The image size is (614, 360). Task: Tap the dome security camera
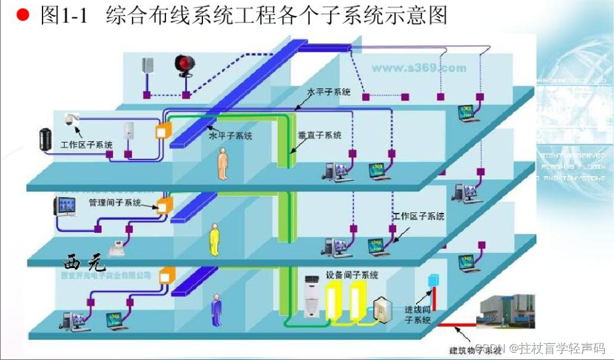72,119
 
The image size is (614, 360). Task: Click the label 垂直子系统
320,135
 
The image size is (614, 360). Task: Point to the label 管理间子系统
115,202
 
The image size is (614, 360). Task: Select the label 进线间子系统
418,314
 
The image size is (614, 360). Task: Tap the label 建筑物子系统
475,351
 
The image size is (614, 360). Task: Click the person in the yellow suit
214,240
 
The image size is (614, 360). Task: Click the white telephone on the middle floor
116,249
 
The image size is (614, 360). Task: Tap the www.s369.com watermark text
419,68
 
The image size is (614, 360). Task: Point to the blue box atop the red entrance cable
433,280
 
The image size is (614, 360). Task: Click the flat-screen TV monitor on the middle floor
65,207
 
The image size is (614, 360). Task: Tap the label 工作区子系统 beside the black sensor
86,145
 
